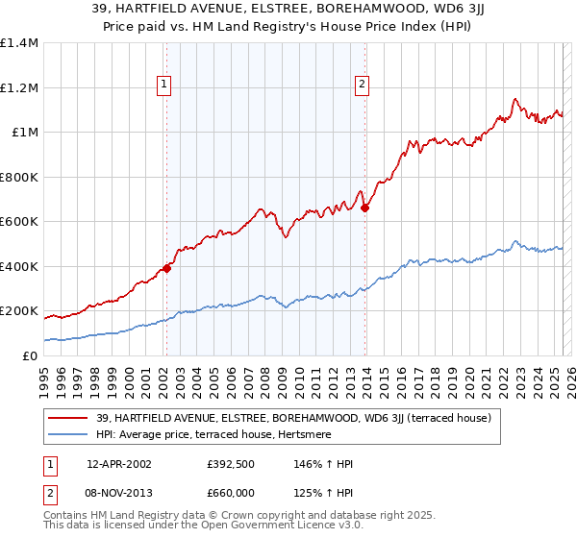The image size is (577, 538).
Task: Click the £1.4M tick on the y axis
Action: coord(19,43)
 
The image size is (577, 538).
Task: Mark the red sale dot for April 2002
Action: coord(166,268)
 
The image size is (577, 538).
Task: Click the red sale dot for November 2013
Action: coord(365,208)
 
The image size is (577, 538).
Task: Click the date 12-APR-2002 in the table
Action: coord(119,464)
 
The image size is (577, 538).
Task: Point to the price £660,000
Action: coord(231,492)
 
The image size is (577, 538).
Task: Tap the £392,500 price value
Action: coord(231,464)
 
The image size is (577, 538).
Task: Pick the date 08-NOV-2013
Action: coord(119,492)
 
